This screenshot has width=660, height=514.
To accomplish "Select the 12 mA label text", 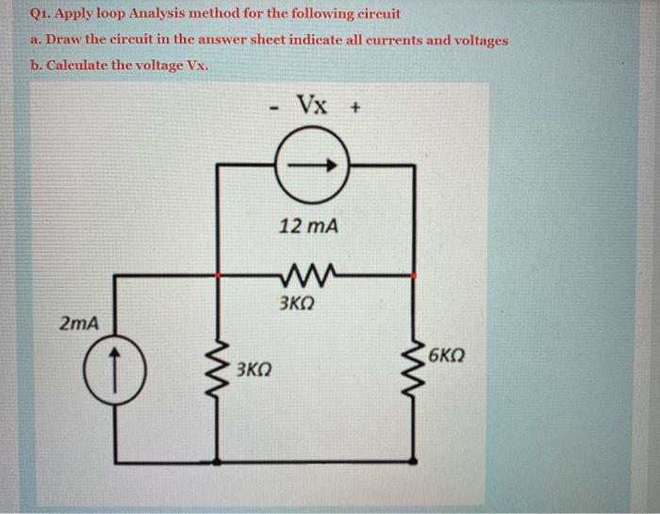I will click(310, 226).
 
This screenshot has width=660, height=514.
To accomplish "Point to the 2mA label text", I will click(79, 323).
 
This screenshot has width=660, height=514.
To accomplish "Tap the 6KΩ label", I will click(446, 356).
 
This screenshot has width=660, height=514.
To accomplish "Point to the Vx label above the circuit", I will click(313, 103).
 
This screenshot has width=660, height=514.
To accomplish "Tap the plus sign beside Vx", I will click(355, 107).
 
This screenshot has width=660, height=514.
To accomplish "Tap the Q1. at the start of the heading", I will click(41, 15).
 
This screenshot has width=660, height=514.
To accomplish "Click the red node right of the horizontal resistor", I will click(416, 276).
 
